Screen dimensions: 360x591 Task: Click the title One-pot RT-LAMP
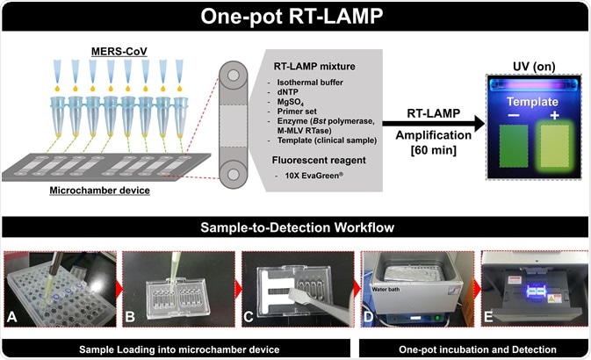pyautogui.click(x=295, y=17)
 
